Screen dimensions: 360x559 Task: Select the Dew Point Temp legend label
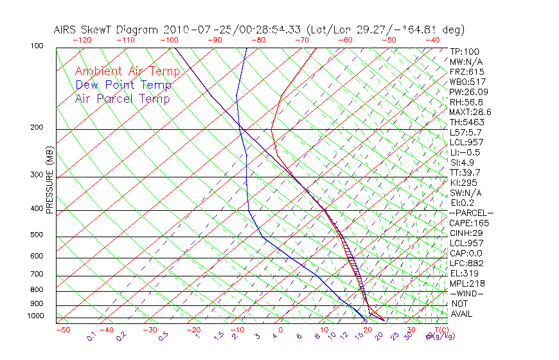(x=123, y=85)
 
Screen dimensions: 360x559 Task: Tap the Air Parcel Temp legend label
(x=123, y=98)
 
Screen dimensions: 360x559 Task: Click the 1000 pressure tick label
(x=36, y=316)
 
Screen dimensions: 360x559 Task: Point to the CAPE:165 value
(x=469, y=223)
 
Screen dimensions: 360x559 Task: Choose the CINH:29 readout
(x=467, y=233)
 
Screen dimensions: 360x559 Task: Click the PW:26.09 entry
(x=469, y=92)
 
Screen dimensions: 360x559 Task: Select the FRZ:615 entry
(x=467, y=72)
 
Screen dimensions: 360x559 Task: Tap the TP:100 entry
(x=465, y=51)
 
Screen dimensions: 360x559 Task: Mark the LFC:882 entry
(x=467, y=264)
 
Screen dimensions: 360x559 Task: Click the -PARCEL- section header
(x=471, y=213)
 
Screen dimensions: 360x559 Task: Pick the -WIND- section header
(x=467, y=293)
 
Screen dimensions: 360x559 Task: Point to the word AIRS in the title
(x=67, y=30)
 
